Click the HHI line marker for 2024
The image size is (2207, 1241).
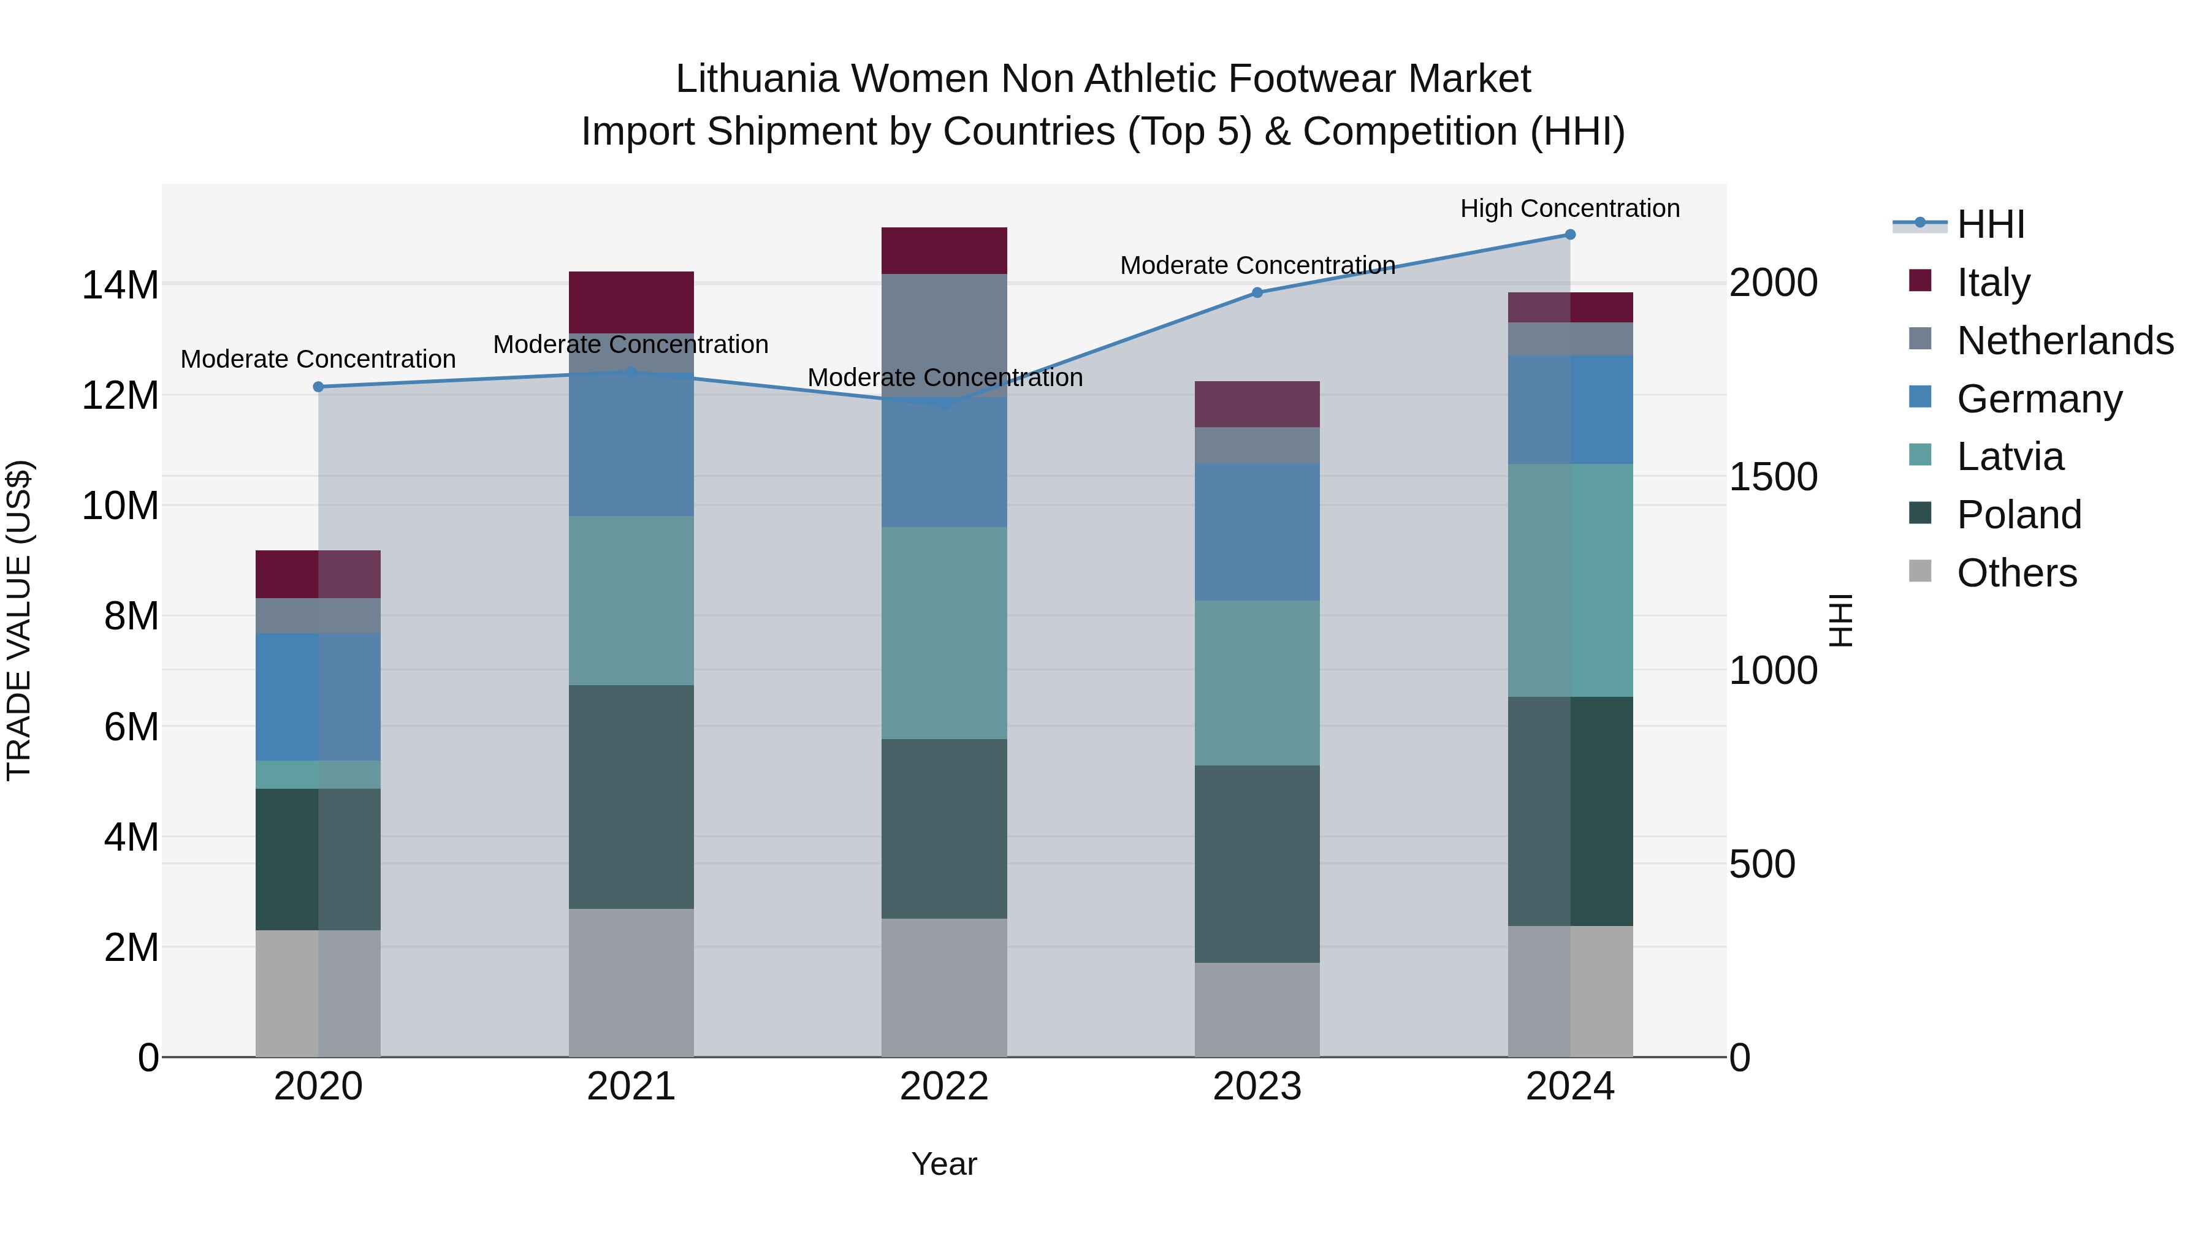pyautogui.click(x=1569, y=235)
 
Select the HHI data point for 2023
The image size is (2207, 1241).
pyautogui.click(x=1257, y=293)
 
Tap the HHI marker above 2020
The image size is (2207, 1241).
pyautogui.click(x=318, y=387)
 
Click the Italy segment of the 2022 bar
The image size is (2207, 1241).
pyautogui.click(x=944, y=251)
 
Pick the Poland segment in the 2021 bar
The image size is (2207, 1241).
pyautogui.click(x=631, y=797)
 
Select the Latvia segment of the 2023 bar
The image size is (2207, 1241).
pyautogui.click(x=1257, y=683)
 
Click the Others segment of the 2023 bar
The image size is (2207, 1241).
pyautogui.click(x=1257, y=1010)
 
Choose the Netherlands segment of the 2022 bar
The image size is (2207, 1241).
pyautogui.click(x=944, y=325)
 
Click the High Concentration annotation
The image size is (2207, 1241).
pyautogui.click(x=1569, y=208)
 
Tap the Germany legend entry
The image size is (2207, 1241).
pyautogui.click(x=2039, y=399)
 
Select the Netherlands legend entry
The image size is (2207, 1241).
pyautogui.click(x=2065, y=341)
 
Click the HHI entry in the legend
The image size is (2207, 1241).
pyautogui.click(x=1990, y=224)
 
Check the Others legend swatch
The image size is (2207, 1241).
pyautogui.click(x=1920, y=571)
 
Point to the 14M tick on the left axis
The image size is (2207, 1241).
pyautogui.click(x=120, y=285)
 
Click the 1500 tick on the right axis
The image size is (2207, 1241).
pyautogui.click(x=1772, y=477)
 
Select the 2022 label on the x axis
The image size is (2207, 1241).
pyautogui.click(x=944, y=1087)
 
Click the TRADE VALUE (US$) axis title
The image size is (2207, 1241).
pyautogui.click(x=19, y=620)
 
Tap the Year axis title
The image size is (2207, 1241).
pyautogui.click(x=944, y=1164)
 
